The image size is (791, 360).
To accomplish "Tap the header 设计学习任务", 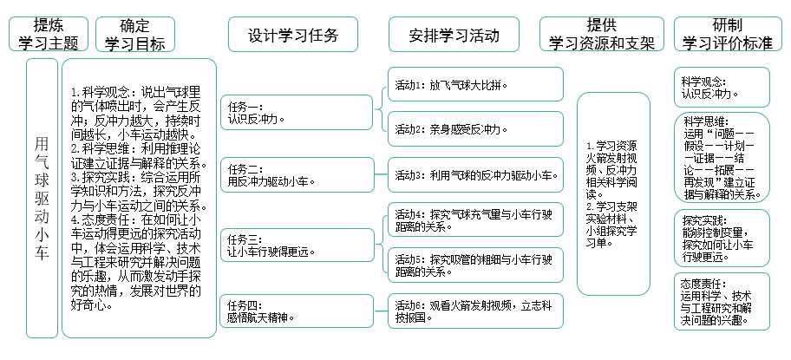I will click(x=292, y=36).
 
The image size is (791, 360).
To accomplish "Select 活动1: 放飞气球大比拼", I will click(x=475, y=85).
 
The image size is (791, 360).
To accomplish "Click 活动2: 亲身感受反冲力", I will click(x=475, y=129).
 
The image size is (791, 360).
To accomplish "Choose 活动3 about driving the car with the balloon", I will click(x=475, y=175).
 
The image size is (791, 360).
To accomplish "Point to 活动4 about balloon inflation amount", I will click(x=475, y=219).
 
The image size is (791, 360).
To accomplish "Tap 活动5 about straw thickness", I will click(x=475, y=265).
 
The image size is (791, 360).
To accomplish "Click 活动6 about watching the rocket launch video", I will click(x=475, y=311).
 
